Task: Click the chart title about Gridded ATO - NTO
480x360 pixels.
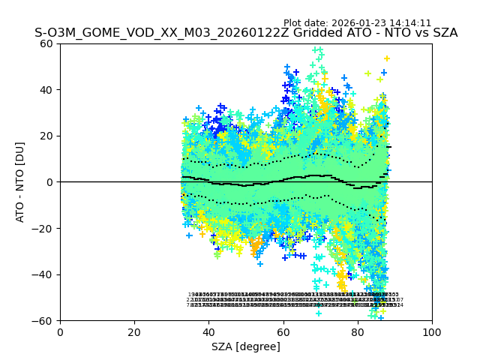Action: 246,34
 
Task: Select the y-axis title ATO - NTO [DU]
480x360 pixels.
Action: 20,182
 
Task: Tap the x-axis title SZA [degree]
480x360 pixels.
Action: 246,346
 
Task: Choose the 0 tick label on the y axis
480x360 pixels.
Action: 50,182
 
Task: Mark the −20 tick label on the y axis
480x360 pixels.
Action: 45,228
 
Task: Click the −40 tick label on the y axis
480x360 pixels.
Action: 45,274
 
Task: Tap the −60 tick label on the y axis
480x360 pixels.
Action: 45,321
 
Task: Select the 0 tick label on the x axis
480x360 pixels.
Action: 60,331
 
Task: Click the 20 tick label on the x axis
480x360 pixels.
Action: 134,331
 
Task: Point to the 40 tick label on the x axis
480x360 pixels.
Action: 208,331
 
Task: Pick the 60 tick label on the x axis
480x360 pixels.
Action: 283,331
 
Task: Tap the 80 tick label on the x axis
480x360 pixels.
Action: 358,331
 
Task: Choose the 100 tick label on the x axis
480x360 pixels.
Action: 432,331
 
